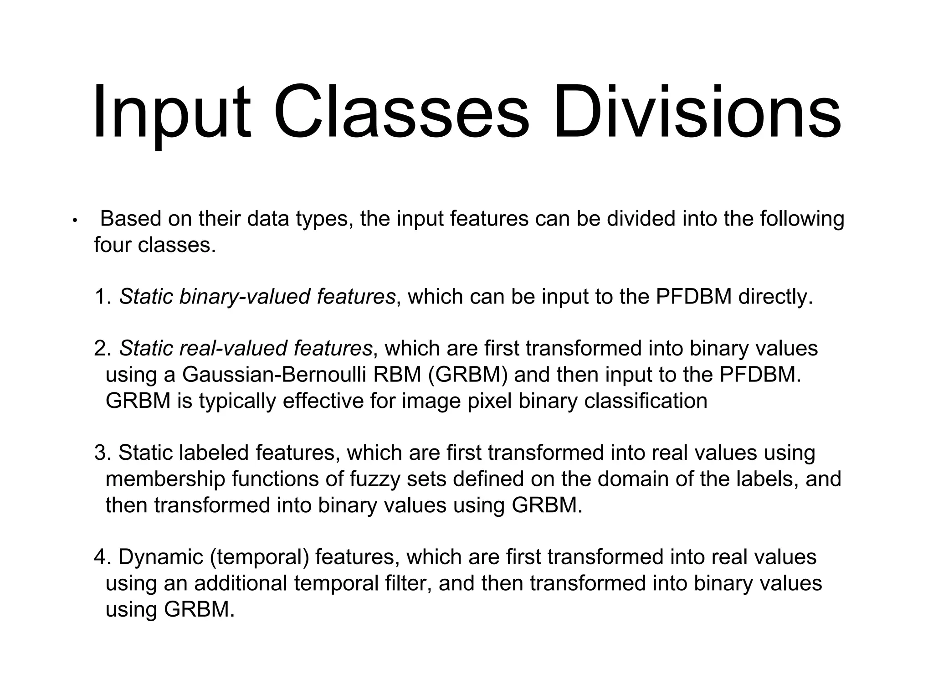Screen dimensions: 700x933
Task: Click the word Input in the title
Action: click(171, 112)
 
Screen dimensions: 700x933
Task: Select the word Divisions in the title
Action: click(697, 112)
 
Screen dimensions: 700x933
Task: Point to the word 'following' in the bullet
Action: click(802, 219)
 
